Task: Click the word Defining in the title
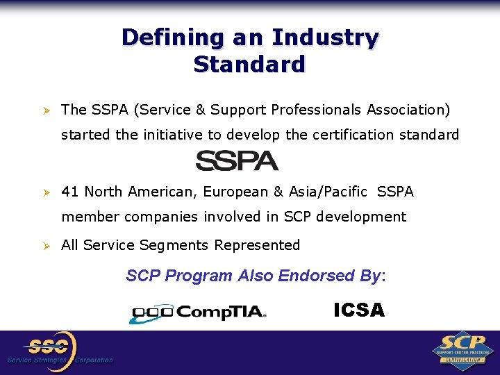coord(158,37)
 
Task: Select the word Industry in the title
coord(326,37)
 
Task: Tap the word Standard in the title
coord(250,65)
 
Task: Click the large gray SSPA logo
coord(237,160)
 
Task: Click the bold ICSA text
coord(359,310)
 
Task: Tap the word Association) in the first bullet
coord(409,110)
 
